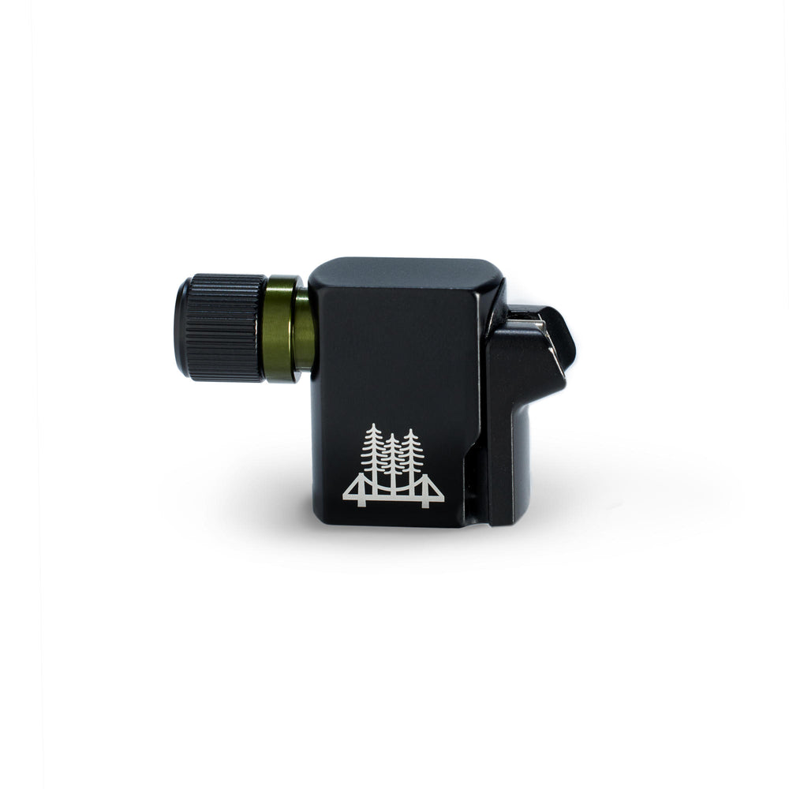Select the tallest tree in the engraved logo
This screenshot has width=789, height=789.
pyautogui.click(x=373, y=454)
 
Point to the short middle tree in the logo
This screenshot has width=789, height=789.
pyautogui.click(x=392, y=462)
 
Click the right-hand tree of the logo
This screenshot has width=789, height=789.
pyautogui.click(x=411, y=456)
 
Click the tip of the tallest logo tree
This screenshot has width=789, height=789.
pyautogui.click(x=373, y=426)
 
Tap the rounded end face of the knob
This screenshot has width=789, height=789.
pyautogui.click(x=181, y=328)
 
